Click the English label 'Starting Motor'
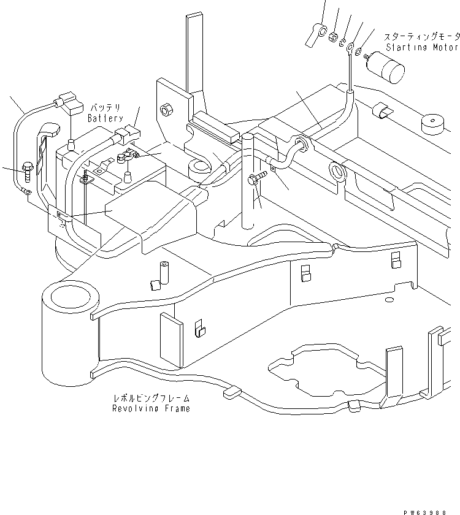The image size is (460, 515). (421, 47)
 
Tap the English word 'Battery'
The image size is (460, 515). (105, 118)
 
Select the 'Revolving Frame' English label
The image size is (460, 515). (151, 408)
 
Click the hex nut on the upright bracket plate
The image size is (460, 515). (165, 110)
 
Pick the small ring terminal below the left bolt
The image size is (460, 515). (28, 192)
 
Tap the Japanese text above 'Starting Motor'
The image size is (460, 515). (421, 37)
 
